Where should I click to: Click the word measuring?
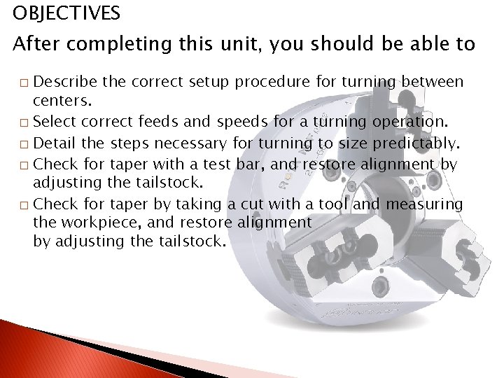click(x=424, y=204)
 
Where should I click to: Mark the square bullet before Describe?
click(x=24, y=84)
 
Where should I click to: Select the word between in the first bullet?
click(x=435, y=83)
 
